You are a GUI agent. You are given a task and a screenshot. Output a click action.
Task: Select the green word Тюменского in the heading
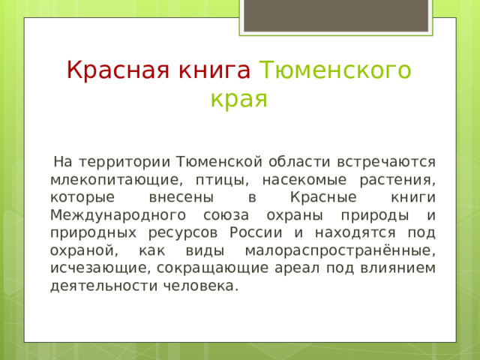[x=334, y=70]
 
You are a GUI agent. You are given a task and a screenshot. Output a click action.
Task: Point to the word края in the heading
[x=239, y=99]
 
